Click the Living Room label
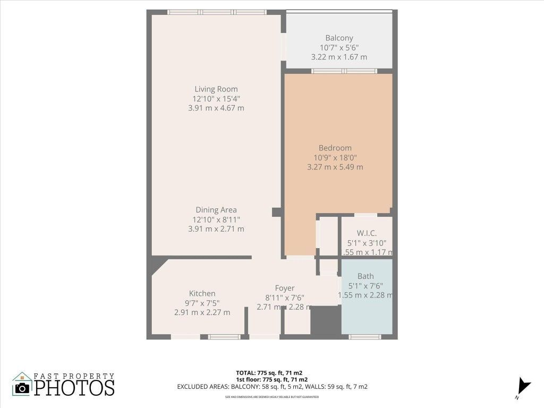tap(216, 89)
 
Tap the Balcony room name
tap(339, 38)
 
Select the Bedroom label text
tap(335, 148)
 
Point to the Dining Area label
tap(216, 210)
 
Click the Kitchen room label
tap(202, 293)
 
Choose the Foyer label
tap(284, 288)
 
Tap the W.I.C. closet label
tap(367, 233)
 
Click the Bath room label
tap(365, 276)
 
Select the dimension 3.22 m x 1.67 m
tap(339, 57)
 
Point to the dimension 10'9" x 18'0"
tap(335, 157)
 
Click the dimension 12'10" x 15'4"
tap(216, 98)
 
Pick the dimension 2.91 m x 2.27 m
tap(202, 312)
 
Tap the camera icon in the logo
tap(22, 387)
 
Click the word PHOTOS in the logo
tap(74, 388)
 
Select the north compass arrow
tap(524, 385)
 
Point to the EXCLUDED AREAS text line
tap(272, 387)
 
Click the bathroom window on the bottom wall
tap(364, 336)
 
